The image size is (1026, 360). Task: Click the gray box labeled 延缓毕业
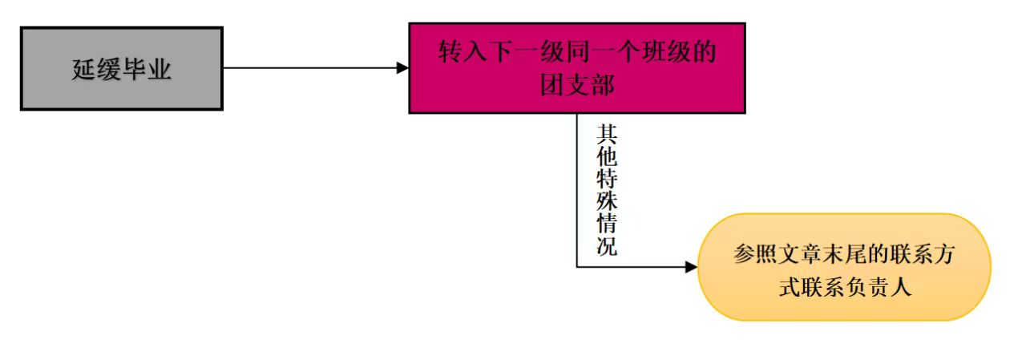click(121, 69)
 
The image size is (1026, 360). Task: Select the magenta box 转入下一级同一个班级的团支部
click(577, 68)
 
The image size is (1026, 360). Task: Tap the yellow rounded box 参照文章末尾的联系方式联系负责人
click(845, 267)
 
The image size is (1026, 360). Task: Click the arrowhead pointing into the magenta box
click(403, 68)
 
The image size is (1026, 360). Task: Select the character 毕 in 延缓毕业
click(135, 70)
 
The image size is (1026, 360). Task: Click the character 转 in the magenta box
click(450, 54)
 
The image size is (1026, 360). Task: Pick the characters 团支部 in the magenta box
click(577, 84)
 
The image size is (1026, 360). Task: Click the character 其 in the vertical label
click(607, 133)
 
